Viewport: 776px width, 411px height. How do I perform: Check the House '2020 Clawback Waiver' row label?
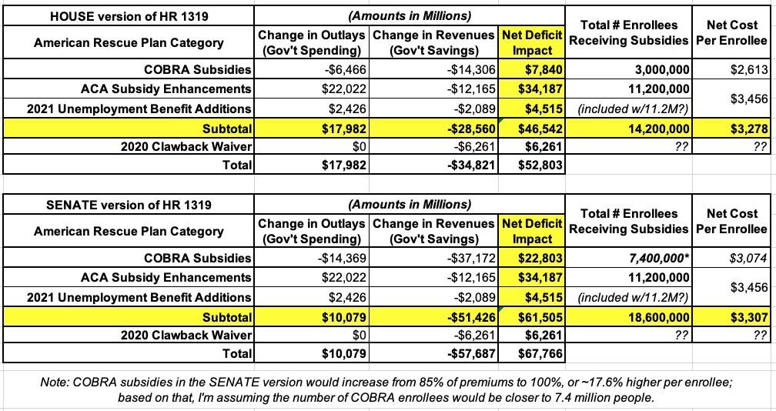pyautogui.click(x=186, y=146)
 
